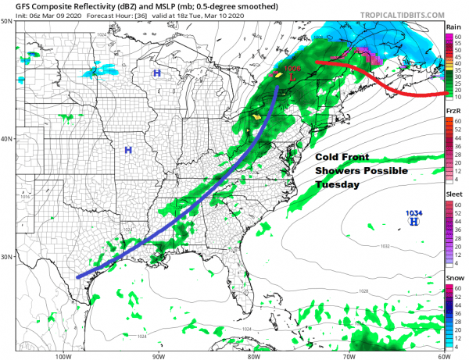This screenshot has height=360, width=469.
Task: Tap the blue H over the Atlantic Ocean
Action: tap(414, 222)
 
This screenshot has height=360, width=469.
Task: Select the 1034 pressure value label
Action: tap(414, 212)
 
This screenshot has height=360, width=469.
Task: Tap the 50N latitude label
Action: tap(7, 21)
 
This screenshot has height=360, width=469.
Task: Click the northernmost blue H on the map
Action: tap(157, 73)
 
